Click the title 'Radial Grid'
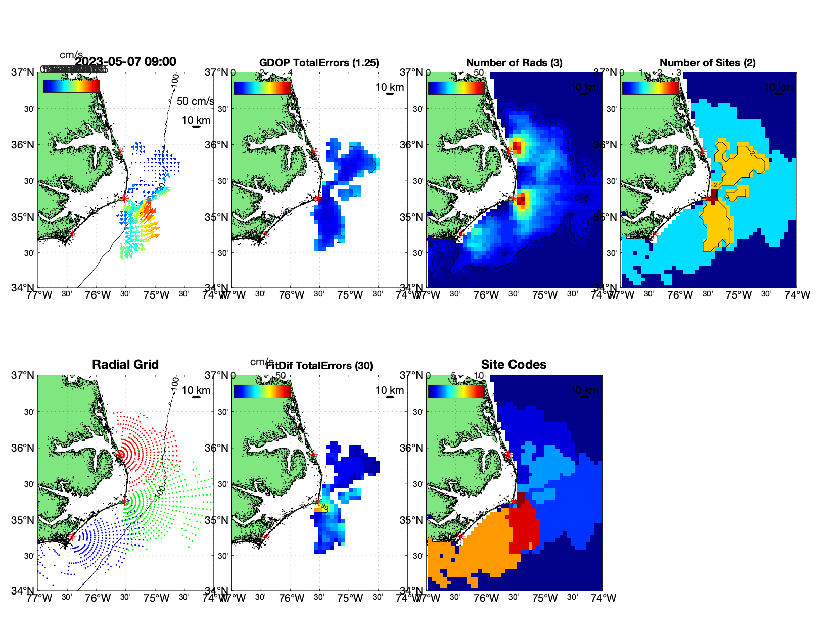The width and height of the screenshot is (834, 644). pos(125,365)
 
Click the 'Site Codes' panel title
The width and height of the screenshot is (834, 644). pos(514,365)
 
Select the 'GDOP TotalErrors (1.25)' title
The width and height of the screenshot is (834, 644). pos(319,63)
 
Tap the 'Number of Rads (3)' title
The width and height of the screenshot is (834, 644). pos(514,63)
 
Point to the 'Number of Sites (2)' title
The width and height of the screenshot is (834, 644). pos(707,63)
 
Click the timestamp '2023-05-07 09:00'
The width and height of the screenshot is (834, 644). pos(125,62)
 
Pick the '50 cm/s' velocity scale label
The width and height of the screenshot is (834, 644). pos(195,101)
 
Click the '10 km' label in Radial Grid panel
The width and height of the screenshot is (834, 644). pos(196,390)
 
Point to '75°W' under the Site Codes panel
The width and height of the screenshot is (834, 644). pos(545,598)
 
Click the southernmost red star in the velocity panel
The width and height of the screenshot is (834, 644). pos(72,234)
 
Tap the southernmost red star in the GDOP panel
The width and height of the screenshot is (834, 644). pos(266,234)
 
